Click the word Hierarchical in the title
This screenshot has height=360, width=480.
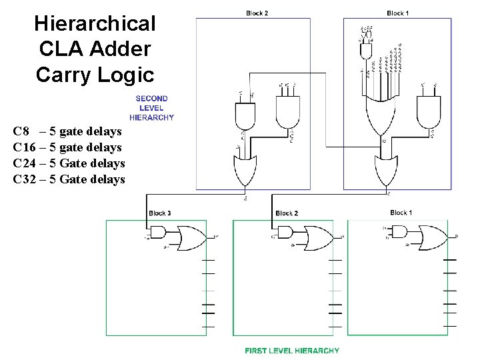[95, 24]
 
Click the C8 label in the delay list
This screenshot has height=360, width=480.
[21, 131]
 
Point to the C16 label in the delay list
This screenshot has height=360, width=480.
[25, 147]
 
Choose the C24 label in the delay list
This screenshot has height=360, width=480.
[25, 163]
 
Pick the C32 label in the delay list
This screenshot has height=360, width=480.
[25, 179]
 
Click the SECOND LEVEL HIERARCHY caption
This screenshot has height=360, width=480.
[151, 108]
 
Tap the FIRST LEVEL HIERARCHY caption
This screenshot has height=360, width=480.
[292, 351]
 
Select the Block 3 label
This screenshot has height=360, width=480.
[159, 213]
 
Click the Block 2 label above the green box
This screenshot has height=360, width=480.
[287, 213]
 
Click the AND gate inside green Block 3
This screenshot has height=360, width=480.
[159, 232]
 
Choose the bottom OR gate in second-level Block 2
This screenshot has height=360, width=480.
[245, 171]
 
